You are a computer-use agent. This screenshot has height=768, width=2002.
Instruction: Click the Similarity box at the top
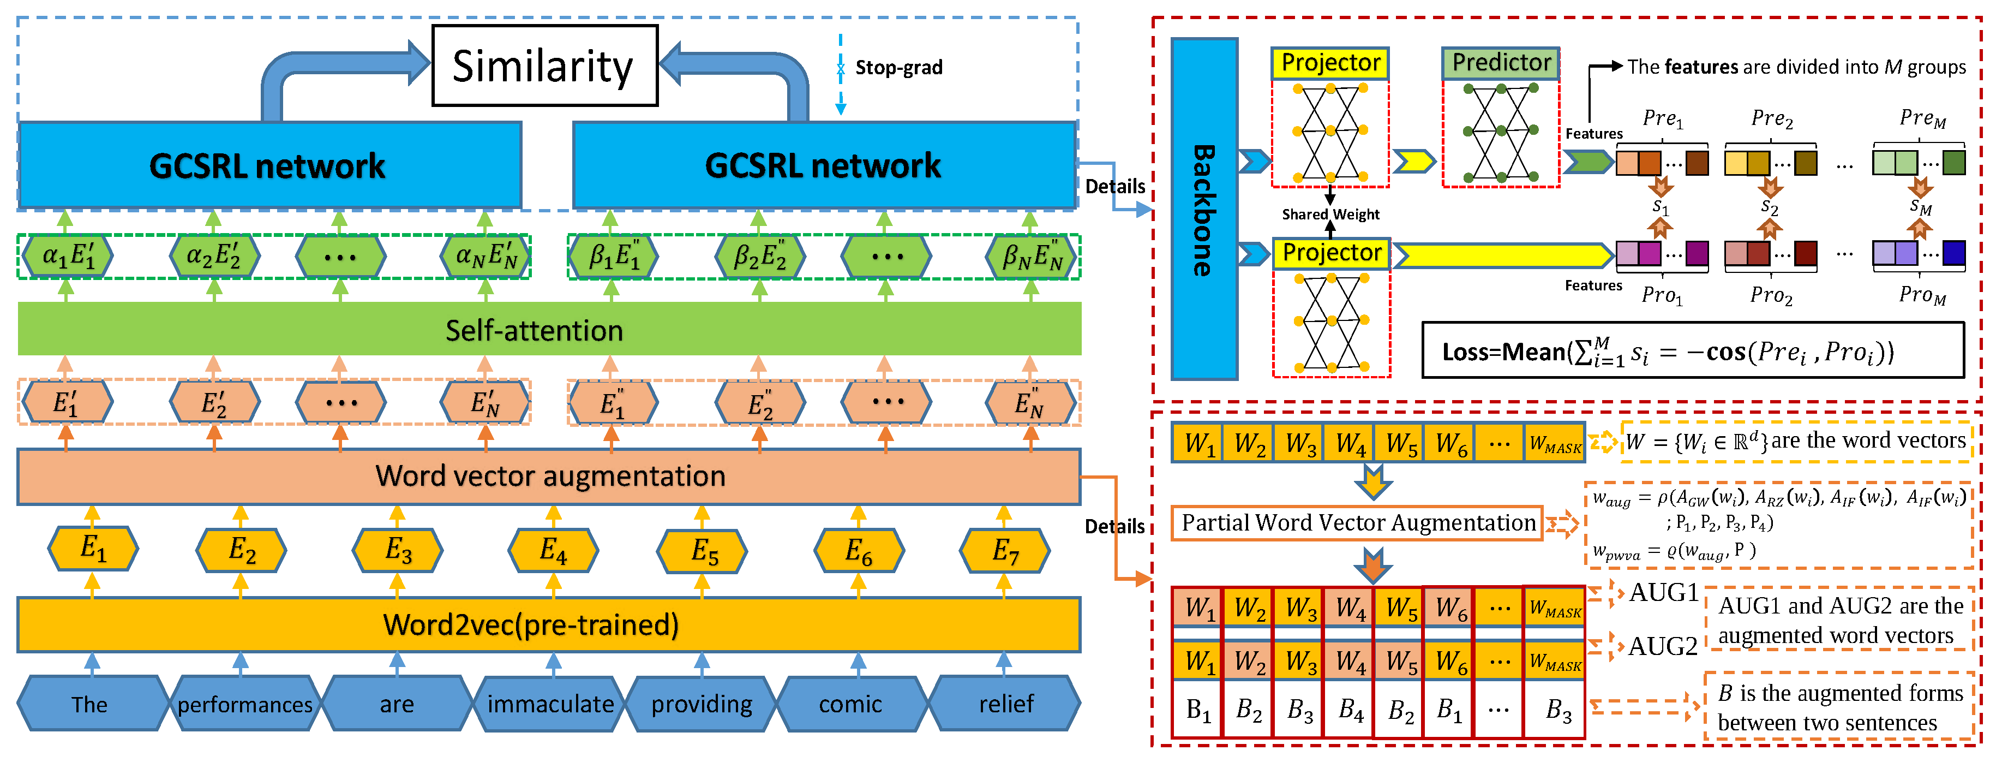(544, 66)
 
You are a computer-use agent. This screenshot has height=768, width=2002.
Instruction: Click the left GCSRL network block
(268, 165)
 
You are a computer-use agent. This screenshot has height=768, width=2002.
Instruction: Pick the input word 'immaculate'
(550, 704)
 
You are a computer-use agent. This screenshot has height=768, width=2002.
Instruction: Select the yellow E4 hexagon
(553, 550)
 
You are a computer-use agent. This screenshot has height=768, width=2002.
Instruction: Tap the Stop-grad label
(898, 68)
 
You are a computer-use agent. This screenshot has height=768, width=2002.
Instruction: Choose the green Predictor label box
(1501, 62)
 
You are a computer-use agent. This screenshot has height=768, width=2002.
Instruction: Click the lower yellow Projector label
(1331, 253)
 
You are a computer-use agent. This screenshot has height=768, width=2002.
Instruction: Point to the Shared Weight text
(1330, 214)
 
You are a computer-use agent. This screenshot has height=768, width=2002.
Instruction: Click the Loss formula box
(1693, 352)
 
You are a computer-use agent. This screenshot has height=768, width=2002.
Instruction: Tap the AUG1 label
(1663, 592)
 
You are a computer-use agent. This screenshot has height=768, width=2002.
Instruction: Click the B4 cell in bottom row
(1351, 710)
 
